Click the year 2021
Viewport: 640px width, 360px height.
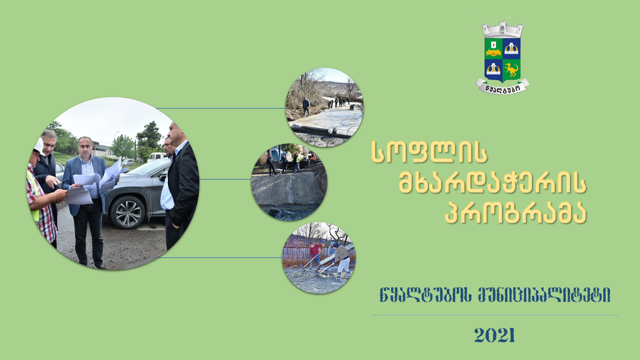(x=495, y=335)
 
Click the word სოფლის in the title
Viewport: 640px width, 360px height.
(x=429, y=152)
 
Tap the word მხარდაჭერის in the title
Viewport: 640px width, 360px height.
(x=492, y=183)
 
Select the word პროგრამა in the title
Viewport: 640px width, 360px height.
(x=515, y=213)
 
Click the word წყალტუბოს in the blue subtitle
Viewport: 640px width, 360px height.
(x=426, y=295)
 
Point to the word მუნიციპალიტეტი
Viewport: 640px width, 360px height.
(x=544, y=295)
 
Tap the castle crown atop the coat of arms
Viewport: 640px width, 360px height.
(x=502, y=30)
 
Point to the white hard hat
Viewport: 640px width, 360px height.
(x=39, y=146)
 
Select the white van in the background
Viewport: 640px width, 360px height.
(x=157, y=157)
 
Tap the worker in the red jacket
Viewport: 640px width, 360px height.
(x=315, y=255)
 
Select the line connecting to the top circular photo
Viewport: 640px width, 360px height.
(x=221, y=108)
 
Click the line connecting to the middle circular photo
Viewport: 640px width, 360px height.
(x=225, y=179)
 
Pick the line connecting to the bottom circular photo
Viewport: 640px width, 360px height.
(x=220, y=258)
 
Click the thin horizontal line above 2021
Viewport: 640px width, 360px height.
(x=495, y=315)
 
